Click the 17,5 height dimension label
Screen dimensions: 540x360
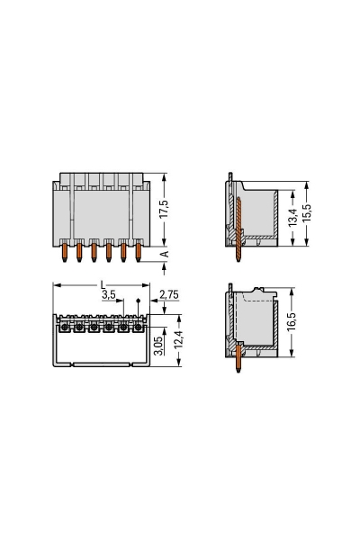pyautogui.click(x=163, y=209)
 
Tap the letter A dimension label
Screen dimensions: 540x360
pyautogui.click(x=163, y=255)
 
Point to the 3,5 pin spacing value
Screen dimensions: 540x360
pyautogui.click(x=108, y=294)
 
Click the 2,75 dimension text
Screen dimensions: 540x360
pyautogui.click(x=167, y=294)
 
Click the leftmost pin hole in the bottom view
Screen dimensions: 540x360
pyautogui.click(x=65, y=328)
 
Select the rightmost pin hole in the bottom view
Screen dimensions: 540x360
pyautogui.click(x=138, y=328)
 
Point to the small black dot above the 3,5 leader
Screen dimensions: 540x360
pyautogui.click(x=138, y=301)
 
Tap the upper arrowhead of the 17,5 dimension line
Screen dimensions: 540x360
pyautogui.click(x=163, y=177)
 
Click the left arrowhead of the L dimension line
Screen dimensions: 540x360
pyautogui.click(x=57, y=284)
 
